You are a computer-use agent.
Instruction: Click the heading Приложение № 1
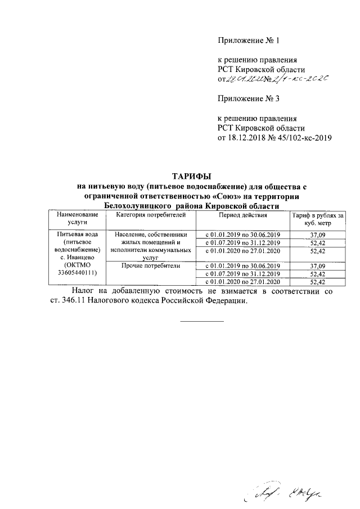pyautogui.click(x=248, y=41)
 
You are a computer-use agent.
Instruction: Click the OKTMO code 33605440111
pyautogui.click(x=78, y=272)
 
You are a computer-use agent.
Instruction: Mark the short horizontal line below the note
pyautogui.click(x=201, y=321)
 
